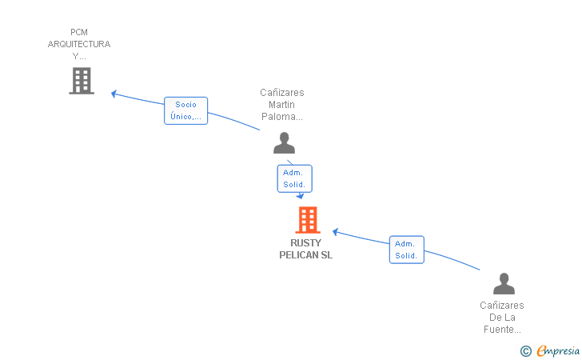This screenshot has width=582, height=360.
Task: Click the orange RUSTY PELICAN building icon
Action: point(308,219)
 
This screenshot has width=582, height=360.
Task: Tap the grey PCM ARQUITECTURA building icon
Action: point(82,81)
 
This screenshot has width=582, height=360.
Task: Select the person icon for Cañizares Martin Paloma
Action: point(284,142)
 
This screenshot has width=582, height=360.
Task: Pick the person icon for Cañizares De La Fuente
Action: point(504,283)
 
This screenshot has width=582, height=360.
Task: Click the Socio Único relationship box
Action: point(185,110)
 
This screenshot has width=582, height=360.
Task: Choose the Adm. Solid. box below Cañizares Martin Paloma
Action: point(295,178)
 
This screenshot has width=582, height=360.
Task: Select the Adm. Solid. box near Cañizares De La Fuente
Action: point(406,250)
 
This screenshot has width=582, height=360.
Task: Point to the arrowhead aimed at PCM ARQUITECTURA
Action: point(114,94)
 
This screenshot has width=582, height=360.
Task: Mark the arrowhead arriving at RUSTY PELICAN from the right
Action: point(335,232)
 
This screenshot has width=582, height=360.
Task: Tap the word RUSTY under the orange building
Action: point(305,243)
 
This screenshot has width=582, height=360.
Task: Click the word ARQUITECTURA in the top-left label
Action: point(79,44)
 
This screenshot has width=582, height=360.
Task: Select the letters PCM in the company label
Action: point(79,32)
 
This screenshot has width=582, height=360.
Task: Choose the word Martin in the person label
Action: point(281,104)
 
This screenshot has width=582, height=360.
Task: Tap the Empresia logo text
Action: point(558,350)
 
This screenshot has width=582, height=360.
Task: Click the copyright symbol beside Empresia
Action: point(526,351)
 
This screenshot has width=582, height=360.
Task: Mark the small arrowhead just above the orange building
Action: point(300,195)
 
